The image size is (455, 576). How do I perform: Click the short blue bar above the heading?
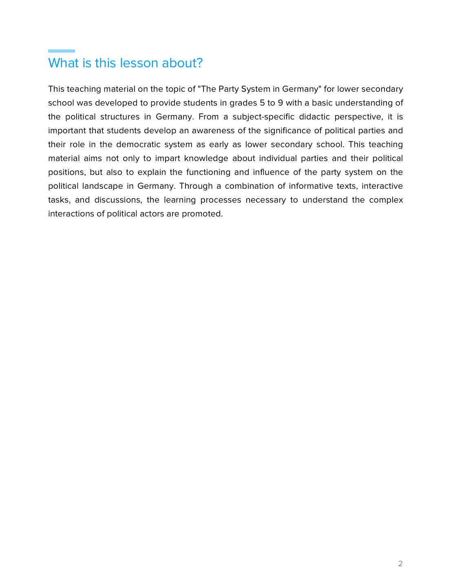pyautogui.click(x=62, y=51)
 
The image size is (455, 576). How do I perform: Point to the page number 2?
pyautogui.click(x=400, y=564)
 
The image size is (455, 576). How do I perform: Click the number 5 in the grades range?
pyautogui.click(x=262, y=103)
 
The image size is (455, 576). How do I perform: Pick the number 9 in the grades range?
pyautogui.click(x=281, y=103)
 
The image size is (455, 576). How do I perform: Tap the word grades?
pyautogui.click(x=243, y=103)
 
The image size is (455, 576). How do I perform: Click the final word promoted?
pyautogui.click(x=202, y=214)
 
